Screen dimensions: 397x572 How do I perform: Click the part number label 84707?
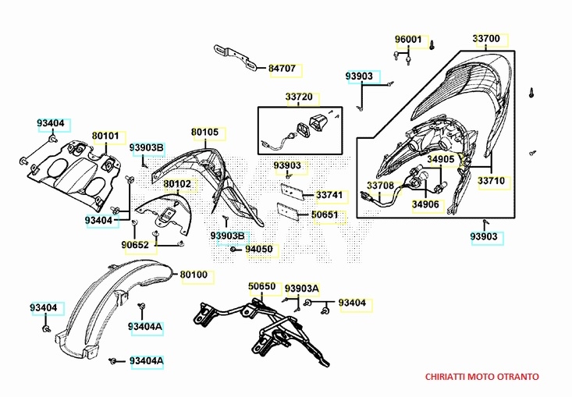click(282, 69)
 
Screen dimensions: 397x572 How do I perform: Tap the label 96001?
click(407, 40)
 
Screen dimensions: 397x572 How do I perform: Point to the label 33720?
click(298, 97)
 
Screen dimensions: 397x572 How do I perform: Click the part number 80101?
click(105, 136)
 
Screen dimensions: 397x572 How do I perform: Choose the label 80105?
click(204, 132)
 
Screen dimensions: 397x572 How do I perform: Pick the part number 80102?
click(177, 184)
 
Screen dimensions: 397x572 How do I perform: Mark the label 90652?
click(134, 245)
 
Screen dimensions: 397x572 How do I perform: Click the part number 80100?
click(194, 275)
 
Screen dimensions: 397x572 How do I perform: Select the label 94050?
click(259, 250)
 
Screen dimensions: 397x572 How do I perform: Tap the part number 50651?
click(325, 214)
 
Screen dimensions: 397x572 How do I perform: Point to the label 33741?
click(329, 195)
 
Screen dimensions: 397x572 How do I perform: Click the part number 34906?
click(426, 205)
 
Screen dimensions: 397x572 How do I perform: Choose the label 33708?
click(381, 186)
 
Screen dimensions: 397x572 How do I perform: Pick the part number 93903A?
click(302, 289)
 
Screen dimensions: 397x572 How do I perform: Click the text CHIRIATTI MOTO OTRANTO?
click(481, 376)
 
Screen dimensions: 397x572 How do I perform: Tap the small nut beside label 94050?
click(234, 249)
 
